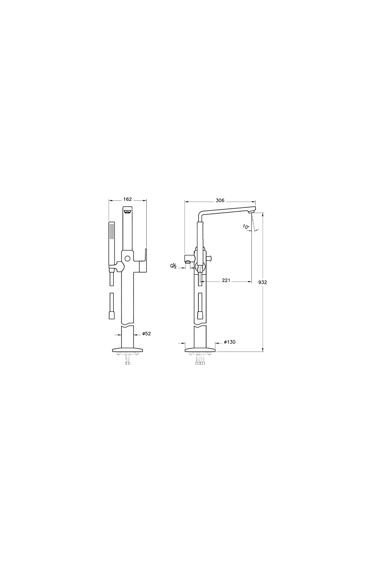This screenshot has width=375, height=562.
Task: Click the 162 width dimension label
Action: coord(128,199)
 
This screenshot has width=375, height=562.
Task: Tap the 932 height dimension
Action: coord(262,282)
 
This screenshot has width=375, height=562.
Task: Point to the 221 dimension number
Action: coord(226,280)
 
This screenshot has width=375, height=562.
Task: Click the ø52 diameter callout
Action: coord(147,334)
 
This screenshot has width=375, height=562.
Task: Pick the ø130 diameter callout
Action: coord(230,342)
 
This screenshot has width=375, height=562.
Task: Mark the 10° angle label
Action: coord(246,227)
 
